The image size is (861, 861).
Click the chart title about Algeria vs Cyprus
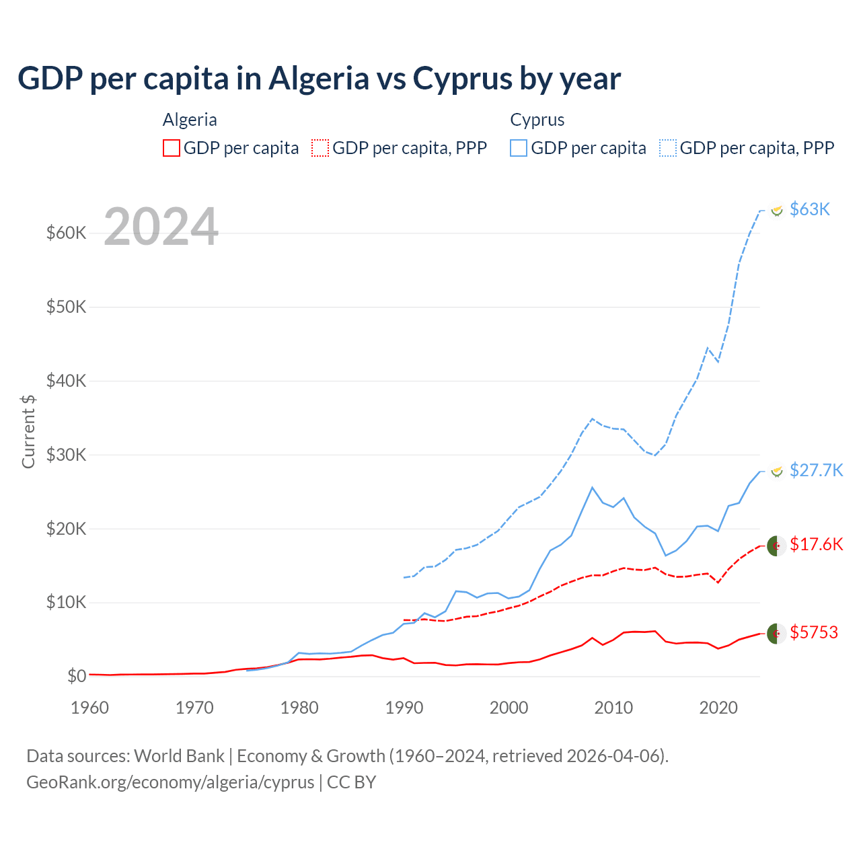[319, 79]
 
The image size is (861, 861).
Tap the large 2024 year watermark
[161, 227]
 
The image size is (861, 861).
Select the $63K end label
[810, 209]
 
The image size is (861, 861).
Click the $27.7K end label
[816, 470]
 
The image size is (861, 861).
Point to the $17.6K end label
[816, 544]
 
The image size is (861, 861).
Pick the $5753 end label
[814, 633]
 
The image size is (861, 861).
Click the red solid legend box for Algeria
[172, 148]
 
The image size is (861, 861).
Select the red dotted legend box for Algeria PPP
[320, 148]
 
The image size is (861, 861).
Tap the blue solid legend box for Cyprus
[519, 148]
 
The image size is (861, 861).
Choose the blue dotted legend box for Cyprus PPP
[668, 148]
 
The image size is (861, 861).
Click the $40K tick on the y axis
[67, 381]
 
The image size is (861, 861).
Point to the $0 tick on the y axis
[77, 676]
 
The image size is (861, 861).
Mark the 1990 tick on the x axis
[404, 708]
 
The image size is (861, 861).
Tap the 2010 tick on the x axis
[613, 708]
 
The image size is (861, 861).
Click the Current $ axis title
[28, 431]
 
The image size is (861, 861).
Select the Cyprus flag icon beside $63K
[777, 211]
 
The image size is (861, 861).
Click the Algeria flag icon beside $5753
[777, 633]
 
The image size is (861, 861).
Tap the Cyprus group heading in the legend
[537, 120]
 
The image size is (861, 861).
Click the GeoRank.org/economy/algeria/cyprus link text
[170, 782]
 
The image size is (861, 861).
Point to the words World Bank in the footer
[179, 756]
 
